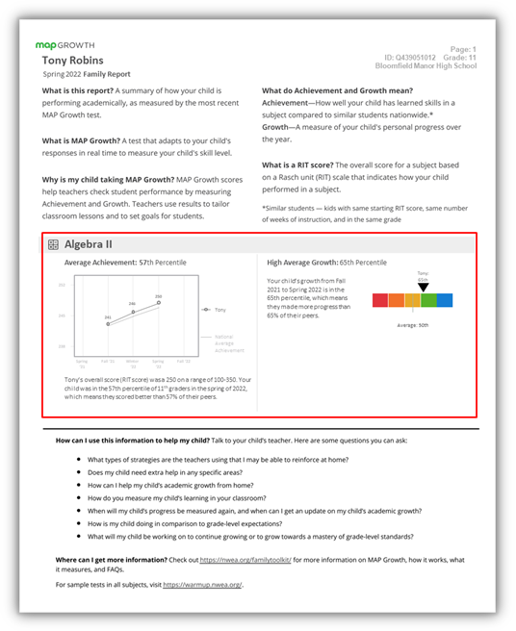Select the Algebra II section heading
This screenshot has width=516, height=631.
point(95,245)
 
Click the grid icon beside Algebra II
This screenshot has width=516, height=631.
point(54,245)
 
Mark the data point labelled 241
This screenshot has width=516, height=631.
point(108,323)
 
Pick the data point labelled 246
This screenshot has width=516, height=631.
point(133,311)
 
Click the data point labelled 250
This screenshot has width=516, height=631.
point(158,302)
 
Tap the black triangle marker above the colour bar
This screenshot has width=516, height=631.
point(423,287)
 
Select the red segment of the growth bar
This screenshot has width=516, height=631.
point(379,300)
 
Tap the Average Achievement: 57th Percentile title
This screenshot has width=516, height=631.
point(125,263)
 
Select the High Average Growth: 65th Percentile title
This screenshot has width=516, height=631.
point(326,263)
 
